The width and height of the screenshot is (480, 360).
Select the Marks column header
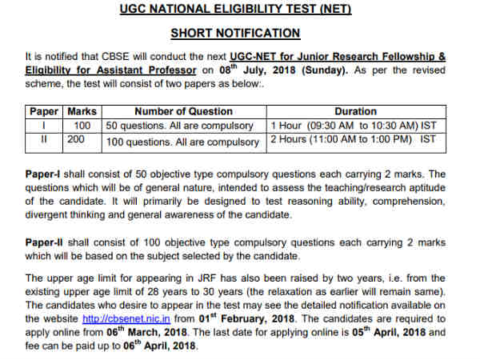(82, 111)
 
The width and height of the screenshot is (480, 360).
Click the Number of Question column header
(184, 111)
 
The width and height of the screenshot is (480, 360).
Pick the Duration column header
(356, 111)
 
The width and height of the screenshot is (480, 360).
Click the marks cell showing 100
(82, 126)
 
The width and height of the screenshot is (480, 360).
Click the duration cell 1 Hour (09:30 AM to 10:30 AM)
(354, 126)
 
